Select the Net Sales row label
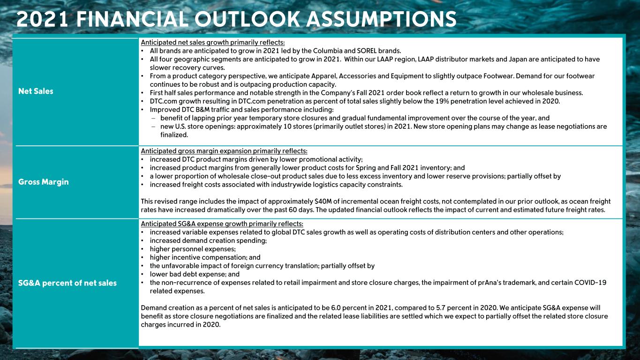click(x=36, y=91)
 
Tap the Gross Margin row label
click(x=43, y=182)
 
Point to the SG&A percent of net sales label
click(x=67, y=283)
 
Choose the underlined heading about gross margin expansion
click(x=224, y=151)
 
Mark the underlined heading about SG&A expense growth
click(x=222, y=223)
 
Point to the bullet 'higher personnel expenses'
click(x=193, y=249)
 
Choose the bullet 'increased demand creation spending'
click(x=208, y=240)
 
